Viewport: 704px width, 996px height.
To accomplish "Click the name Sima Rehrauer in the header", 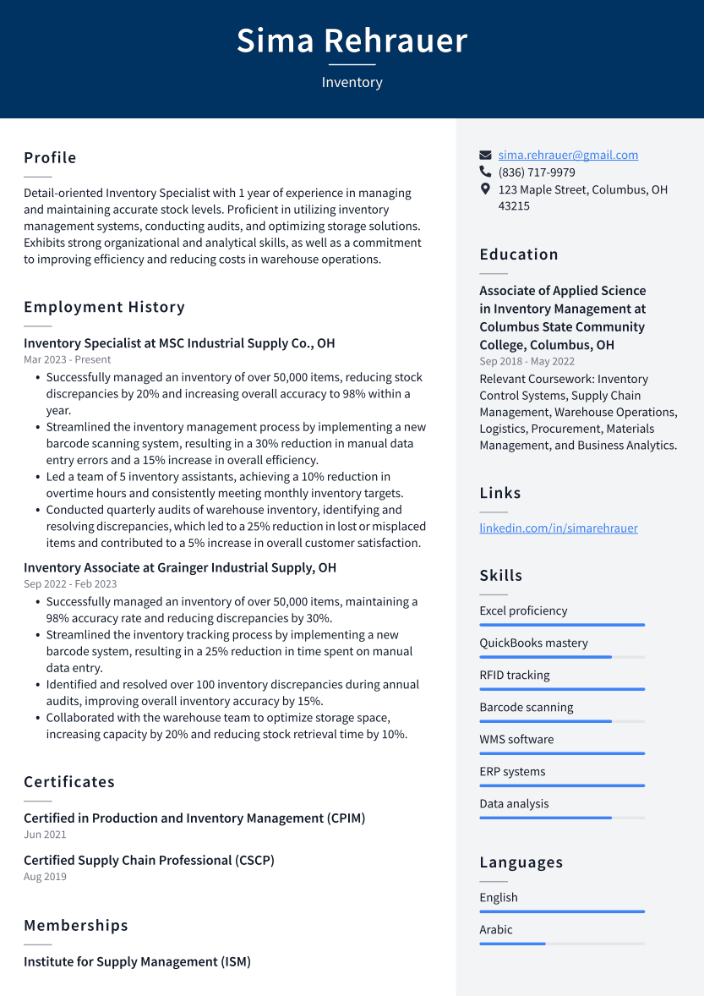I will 352,41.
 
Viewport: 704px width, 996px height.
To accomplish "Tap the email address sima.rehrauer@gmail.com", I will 568,155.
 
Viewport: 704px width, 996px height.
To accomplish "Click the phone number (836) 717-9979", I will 537,172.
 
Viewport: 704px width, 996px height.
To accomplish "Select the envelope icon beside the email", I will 485,155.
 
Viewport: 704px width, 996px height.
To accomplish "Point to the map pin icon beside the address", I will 485,189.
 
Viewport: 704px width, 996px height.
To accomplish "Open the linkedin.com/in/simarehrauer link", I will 559,528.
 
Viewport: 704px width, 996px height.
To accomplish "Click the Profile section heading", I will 50,158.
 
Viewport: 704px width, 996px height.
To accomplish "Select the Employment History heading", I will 104,307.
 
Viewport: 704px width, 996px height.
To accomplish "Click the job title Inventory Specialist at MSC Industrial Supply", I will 179,343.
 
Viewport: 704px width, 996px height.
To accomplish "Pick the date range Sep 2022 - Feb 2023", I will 70,584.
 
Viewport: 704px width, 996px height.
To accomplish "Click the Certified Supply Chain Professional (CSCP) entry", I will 149,860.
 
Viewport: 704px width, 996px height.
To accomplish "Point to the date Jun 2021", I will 45,835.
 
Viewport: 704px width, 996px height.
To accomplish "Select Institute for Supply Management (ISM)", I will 137,961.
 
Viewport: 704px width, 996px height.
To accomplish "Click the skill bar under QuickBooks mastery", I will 562,657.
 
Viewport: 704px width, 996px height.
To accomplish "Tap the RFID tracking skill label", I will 515,675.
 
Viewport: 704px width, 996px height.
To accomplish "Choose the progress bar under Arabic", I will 562,944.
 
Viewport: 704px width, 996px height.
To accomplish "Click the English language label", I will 499,897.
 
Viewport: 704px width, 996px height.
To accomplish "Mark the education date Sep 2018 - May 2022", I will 527,362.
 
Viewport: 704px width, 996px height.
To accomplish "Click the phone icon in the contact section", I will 485,172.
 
